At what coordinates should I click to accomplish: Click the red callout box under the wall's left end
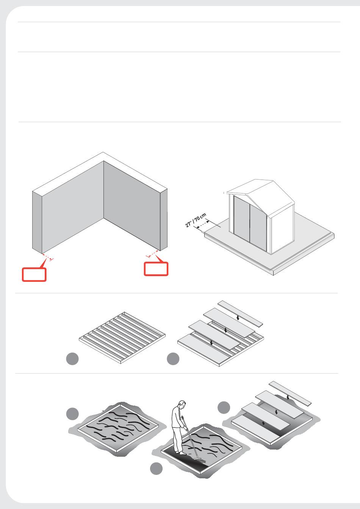pos(34,275)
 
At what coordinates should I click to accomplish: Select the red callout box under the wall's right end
pos(156,269)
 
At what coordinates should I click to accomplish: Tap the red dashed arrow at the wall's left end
pos(47,257)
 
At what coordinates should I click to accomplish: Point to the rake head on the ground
pos(200,460)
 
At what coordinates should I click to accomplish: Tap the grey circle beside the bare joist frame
pos(72,359)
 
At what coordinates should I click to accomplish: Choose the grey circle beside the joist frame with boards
pos(173,359)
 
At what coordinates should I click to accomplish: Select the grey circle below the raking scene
pos(156,468)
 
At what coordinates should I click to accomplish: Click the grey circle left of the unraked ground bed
pos(72,414)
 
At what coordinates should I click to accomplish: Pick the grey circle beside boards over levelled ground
pos(224,408)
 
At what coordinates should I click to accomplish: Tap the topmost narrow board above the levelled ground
pos(290,392)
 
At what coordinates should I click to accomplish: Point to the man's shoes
pos(180,452)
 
